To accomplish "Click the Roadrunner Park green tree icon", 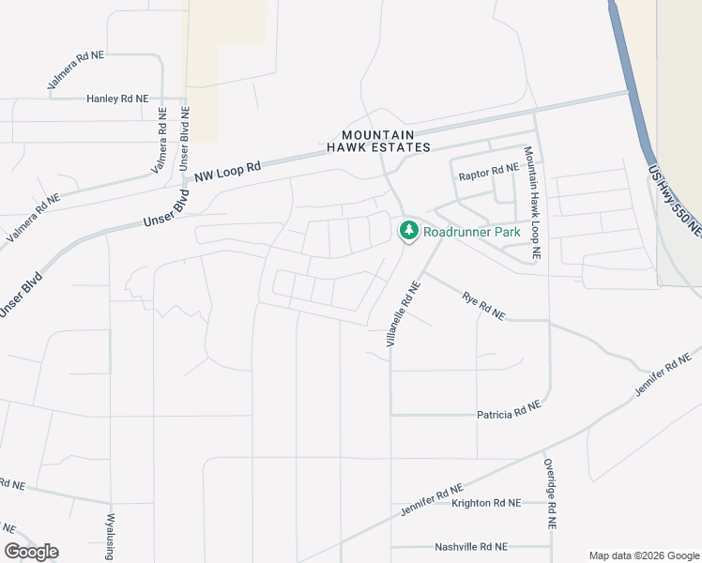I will tap(408, 230).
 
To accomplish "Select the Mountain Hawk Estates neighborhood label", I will tap(378, 142).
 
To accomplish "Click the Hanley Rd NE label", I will tap(117, 99).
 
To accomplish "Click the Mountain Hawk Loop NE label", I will tap(532, 202).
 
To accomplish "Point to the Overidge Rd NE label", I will tap(550, 504).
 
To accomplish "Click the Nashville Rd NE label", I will tap(471, 546).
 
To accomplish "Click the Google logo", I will tap(31, 552).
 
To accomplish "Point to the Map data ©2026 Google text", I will tap(644, 555).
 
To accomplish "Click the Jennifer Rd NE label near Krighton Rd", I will tap(432, 500).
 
